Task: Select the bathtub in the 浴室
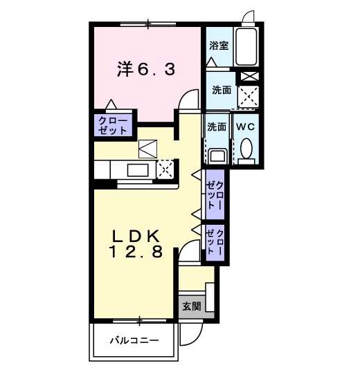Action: [245, 46]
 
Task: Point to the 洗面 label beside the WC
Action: [217, 127]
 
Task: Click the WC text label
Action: [245, 127]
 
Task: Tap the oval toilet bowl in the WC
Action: [246, 149]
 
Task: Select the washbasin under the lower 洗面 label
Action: [217, 155]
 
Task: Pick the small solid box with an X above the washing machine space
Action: [248, 77]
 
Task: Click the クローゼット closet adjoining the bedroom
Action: [112, 125]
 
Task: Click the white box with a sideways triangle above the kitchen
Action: [148, 147]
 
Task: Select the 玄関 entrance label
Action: [191, 306]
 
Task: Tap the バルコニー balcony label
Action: [134, 341]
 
